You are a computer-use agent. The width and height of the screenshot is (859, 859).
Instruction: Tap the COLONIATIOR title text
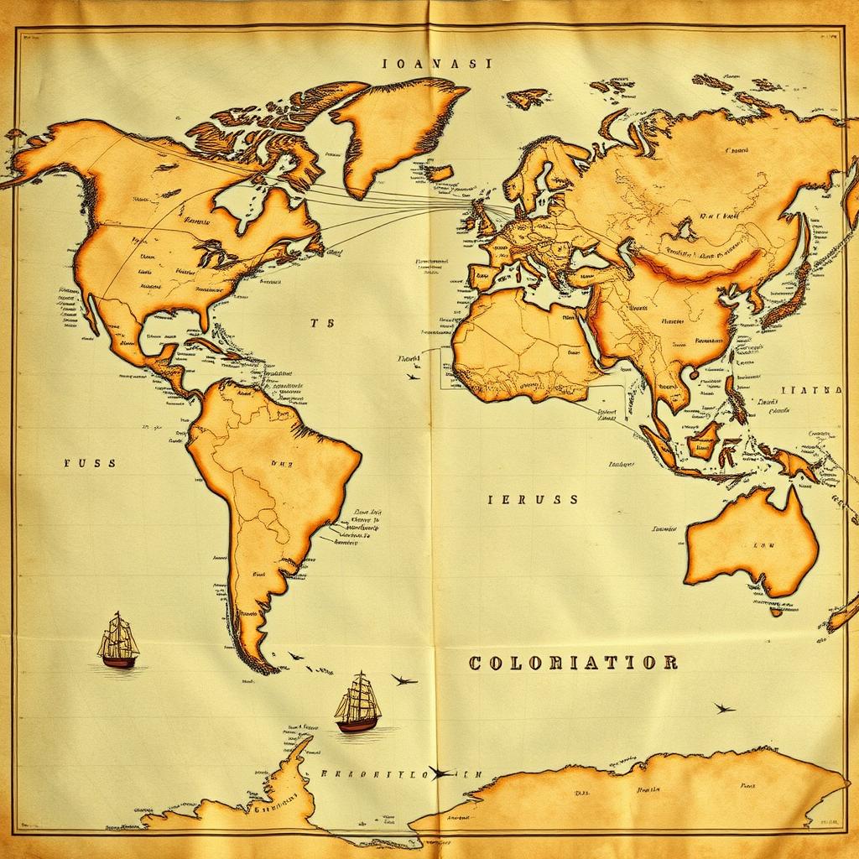(573, 663)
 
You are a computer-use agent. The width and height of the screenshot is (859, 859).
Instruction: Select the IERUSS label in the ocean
(533, 499)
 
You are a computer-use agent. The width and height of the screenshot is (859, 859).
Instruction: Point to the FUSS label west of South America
(90, 462)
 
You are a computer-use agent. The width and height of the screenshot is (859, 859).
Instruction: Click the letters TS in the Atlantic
(321, 323)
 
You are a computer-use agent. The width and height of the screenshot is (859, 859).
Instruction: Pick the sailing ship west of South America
(118, 641)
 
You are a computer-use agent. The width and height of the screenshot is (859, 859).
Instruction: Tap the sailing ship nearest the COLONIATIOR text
(358, 703)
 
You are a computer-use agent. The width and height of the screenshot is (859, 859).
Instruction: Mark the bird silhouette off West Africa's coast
(413, 377)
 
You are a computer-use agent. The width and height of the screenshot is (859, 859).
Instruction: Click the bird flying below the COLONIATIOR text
(724, 708)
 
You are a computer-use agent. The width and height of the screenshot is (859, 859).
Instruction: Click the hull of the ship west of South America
(119, 661)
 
